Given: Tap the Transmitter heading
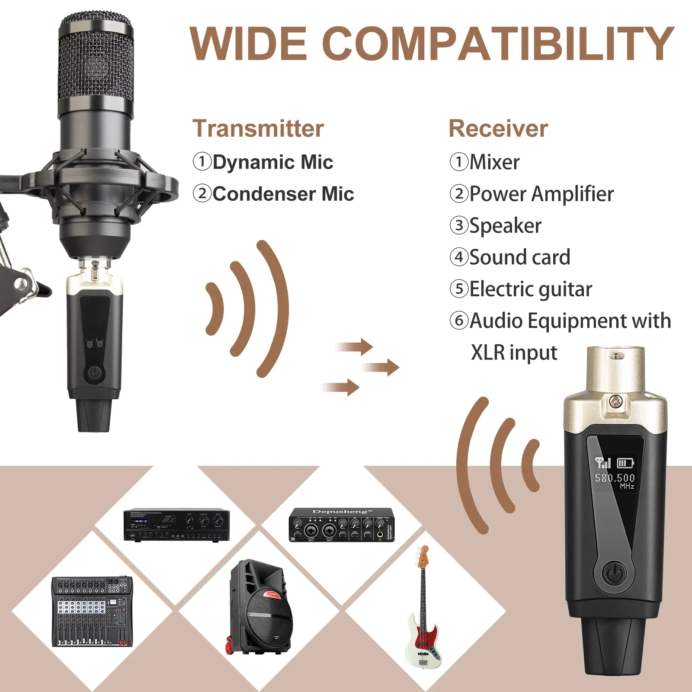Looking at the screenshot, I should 258,128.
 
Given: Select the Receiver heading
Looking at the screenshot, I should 498,128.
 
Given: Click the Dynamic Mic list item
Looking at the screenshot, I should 272,162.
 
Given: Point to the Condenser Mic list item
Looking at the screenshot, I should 283,194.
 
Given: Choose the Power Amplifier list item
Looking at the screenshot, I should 541,194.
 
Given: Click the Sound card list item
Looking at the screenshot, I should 519,257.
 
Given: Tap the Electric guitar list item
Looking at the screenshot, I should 530,289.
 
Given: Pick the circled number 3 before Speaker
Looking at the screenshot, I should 459,225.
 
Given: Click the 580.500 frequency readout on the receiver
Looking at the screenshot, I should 615,478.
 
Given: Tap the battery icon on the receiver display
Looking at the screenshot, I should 625,463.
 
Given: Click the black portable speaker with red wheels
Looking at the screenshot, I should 260,607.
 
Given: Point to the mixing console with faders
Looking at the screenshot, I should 92,612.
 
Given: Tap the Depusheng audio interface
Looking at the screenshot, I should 342,525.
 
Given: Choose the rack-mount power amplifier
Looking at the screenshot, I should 176,525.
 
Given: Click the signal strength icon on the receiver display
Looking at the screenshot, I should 602,463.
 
